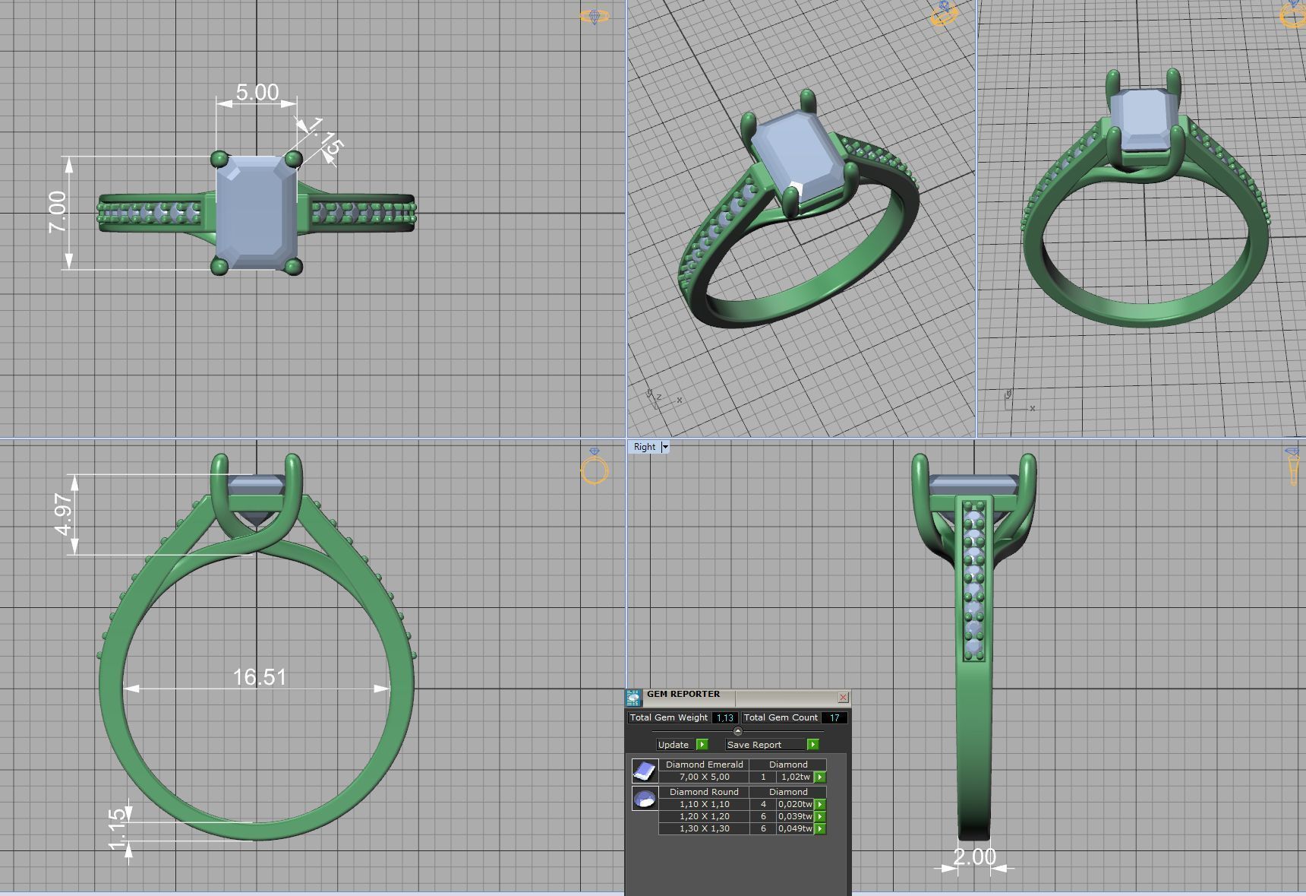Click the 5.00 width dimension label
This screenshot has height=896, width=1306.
[x=257, y=92]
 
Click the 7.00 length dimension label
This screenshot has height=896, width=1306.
[x=58, y=212]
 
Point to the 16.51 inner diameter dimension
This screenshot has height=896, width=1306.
[x=259, y=677]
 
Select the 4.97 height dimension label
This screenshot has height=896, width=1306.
[x=64, y=514]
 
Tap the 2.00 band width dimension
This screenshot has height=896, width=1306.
[x=974, y=856]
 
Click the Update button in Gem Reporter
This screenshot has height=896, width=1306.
[x=674, y=745]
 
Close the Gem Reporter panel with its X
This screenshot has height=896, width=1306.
[x=843, y=697]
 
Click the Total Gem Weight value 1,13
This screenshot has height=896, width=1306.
[x=724, y=717]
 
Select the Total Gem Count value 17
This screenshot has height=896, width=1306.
[x=834, y=717]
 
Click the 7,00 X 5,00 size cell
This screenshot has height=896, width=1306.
[x=704, y=777]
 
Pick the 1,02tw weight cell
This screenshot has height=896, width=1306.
[x=795, y=777]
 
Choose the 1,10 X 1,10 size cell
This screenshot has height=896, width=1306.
[x=704, y=804]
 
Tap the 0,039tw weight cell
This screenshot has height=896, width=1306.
[x=795, y=816]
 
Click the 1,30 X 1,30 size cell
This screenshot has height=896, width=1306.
[x=704, y=828]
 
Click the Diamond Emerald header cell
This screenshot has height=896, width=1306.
[x=704, y=765]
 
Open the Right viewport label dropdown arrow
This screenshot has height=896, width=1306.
[x=665, y=447]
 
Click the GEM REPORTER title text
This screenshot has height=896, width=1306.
[x=683, y=694]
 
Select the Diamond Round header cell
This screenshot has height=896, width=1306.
[x=704, y=792]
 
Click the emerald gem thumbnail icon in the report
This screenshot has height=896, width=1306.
[x=645, y=771]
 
